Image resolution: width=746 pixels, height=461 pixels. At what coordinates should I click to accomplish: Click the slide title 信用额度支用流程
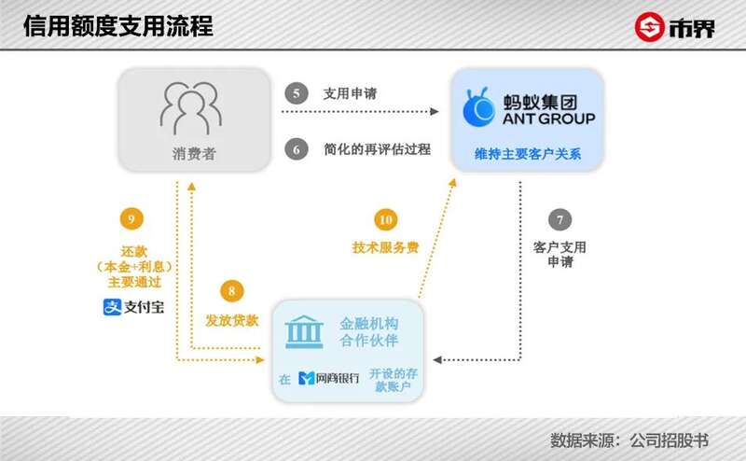[118, 26]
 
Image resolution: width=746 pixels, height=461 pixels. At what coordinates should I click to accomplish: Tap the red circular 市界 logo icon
[649, 27]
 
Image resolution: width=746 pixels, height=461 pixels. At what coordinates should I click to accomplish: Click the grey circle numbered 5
[297, 93]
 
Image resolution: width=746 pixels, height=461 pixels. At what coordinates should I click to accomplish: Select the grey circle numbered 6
[297, 149]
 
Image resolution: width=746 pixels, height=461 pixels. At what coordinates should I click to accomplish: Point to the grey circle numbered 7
[560, 219]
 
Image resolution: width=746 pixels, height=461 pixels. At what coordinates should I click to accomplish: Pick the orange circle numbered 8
[231, 291]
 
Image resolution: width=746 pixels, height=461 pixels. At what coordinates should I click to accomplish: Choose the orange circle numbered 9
[131, 219]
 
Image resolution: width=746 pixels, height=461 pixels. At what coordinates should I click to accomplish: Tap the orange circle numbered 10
[386, 219]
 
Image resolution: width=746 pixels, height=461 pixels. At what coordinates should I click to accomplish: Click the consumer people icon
[191, 108]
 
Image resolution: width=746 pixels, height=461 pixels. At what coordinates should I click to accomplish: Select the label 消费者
[194, 154]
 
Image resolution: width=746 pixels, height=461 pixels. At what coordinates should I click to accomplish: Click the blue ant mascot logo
[479, 107]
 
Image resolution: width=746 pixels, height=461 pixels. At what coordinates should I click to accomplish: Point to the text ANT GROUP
[549, 119]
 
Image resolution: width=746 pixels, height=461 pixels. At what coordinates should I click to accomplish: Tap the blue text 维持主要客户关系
[528, 154]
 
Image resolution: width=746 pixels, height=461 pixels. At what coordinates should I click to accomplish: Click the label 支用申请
[351, 93]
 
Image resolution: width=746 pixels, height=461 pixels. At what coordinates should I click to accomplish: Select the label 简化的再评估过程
[378, 149]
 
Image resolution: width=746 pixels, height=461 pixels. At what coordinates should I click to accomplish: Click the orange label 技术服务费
[385, 247]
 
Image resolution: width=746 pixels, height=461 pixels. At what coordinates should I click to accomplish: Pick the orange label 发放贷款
[231, 320]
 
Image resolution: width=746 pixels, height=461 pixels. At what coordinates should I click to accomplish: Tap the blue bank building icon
[304, 331]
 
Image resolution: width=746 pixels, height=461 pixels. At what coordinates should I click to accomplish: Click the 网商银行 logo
[329, 378]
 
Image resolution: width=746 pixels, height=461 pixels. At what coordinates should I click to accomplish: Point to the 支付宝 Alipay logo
[133, 307]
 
